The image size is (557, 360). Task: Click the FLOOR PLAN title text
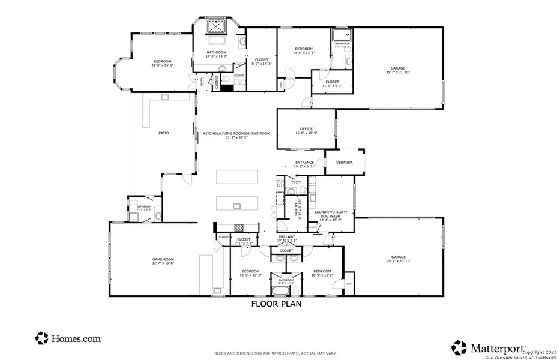(x=275, y=304)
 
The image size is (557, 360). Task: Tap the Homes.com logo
(x=68, y=338)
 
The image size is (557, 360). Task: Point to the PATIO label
(x=163, y=133)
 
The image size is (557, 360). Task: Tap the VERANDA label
(x=344, y=163)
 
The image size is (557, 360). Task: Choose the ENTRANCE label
(x=305, y=163)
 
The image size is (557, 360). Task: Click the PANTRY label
(x=297, y=209)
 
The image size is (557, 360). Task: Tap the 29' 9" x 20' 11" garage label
(x=396, y=260)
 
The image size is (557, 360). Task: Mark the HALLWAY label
(x=286, y=238)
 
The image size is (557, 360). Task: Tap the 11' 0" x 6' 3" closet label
(x=332, y=83)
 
